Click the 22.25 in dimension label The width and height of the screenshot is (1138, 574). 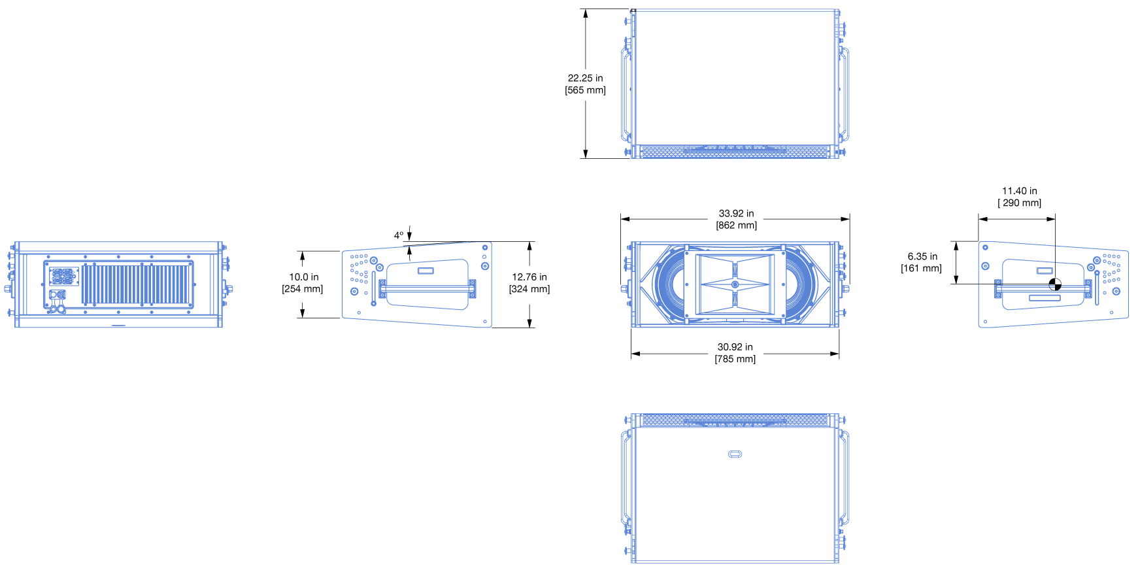585,78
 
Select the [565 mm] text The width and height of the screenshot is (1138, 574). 585,90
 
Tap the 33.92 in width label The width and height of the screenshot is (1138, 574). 736,213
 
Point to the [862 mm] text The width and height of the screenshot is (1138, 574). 736,226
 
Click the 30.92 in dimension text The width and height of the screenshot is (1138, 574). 735,347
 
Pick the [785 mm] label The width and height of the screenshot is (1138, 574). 735,359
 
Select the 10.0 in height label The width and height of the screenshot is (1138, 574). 304,277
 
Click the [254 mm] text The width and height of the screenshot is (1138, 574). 303,289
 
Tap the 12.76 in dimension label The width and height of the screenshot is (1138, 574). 529,277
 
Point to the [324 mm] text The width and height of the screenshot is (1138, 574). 529,289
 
